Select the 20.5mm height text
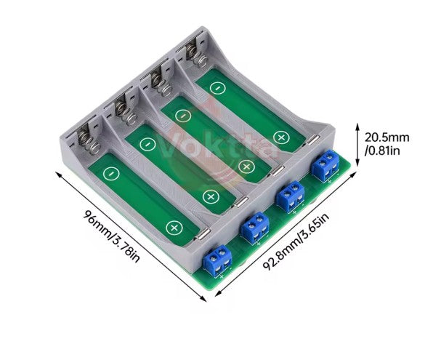[387, 137]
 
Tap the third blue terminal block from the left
[291, 197]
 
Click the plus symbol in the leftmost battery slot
[173, 227]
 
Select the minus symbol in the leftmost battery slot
[111, 173]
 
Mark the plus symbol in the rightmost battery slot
[281, 137]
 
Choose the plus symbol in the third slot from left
[246, 167]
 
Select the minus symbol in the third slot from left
[182, 115]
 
